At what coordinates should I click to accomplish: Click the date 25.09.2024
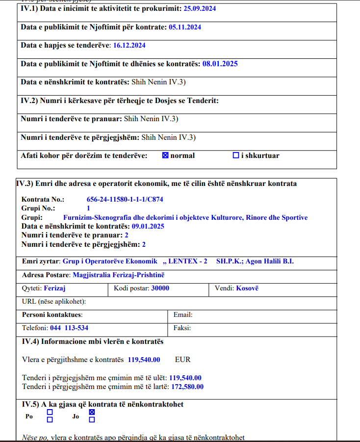(200, 9)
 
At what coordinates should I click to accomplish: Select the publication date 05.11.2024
(185, 27)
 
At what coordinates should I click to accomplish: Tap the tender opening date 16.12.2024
(129, 45)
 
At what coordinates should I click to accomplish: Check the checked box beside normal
(165, 156)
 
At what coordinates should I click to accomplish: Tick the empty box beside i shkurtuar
(235, 156)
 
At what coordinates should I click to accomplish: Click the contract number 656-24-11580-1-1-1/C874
(125, 200)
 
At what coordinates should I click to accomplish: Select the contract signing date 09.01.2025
(148, 226)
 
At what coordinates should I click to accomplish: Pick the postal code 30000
(160, 288)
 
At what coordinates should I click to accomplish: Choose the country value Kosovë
(247, 288)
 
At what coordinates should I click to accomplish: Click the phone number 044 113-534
(69, 328)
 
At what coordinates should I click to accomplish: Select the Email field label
(183, 315)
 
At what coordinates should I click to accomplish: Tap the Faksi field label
(182, 328)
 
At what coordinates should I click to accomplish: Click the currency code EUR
(183, 360)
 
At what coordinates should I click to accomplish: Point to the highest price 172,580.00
(187, 387)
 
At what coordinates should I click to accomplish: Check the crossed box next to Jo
(92, 413)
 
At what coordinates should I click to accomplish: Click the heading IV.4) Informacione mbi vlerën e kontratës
(92, 341)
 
